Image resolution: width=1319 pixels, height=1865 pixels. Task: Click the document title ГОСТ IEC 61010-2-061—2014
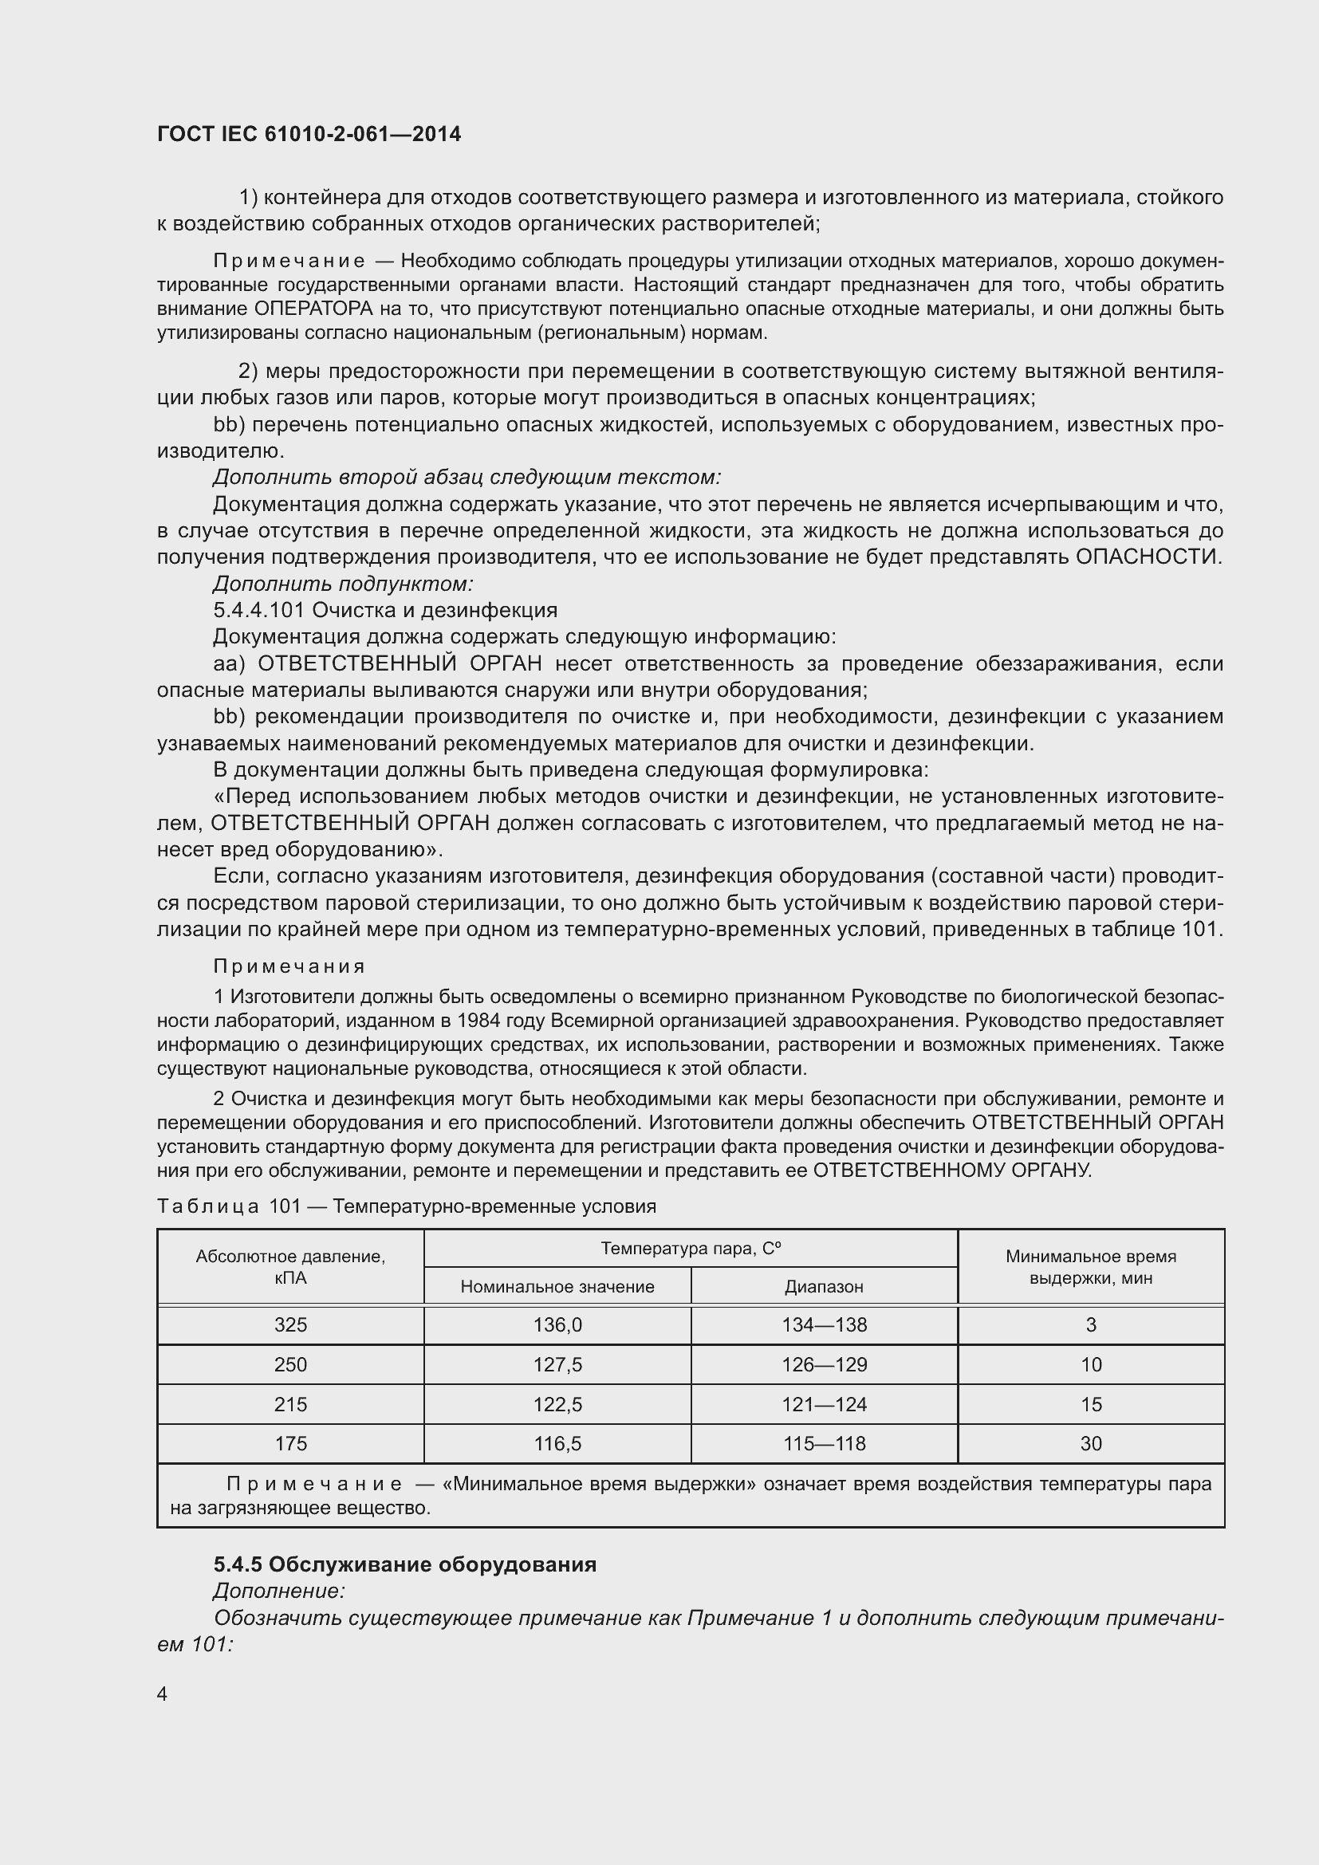click(x=309, y=134)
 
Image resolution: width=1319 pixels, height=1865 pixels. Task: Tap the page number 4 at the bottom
click(x=163, y=1694)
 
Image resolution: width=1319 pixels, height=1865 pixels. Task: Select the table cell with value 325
click(x=290, y=1325)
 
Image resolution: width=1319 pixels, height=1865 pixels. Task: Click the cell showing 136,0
click(x=557, y=1325)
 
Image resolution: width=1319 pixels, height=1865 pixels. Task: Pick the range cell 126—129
click(x=824, y=1364)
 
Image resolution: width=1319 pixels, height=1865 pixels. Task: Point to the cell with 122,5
click(x=557, y=1404)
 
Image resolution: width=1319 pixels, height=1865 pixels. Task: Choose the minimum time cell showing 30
click(x=1091, y=1443)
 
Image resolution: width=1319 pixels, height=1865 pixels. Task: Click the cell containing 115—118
click(x=824, y=1443)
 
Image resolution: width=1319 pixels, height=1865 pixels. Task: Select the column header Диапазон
click(x=824, y=1287)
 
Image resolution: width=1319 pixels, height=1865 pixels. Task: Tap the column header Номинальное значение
click(x=557, y=1287)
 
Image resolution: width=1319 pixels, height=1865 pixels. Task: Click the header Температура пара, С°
click(x=691, y=1249)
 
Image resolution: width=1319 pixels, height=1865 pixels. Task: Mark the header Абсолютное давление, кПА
click(x=290, y=1267)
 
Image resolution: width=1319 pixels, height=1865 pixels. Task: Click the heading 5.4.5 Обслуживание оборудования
click(x=404, y=1564)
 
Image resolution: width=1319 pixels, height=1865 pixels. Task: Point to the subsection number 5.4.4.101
click(x=259, y=610)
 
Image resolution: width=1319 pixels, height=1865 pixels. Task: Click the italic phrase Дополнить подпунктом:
click(x=343, y=583)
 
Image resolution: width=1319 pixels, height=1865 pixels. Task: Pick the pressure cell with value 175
click(x=290, y=1443)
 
